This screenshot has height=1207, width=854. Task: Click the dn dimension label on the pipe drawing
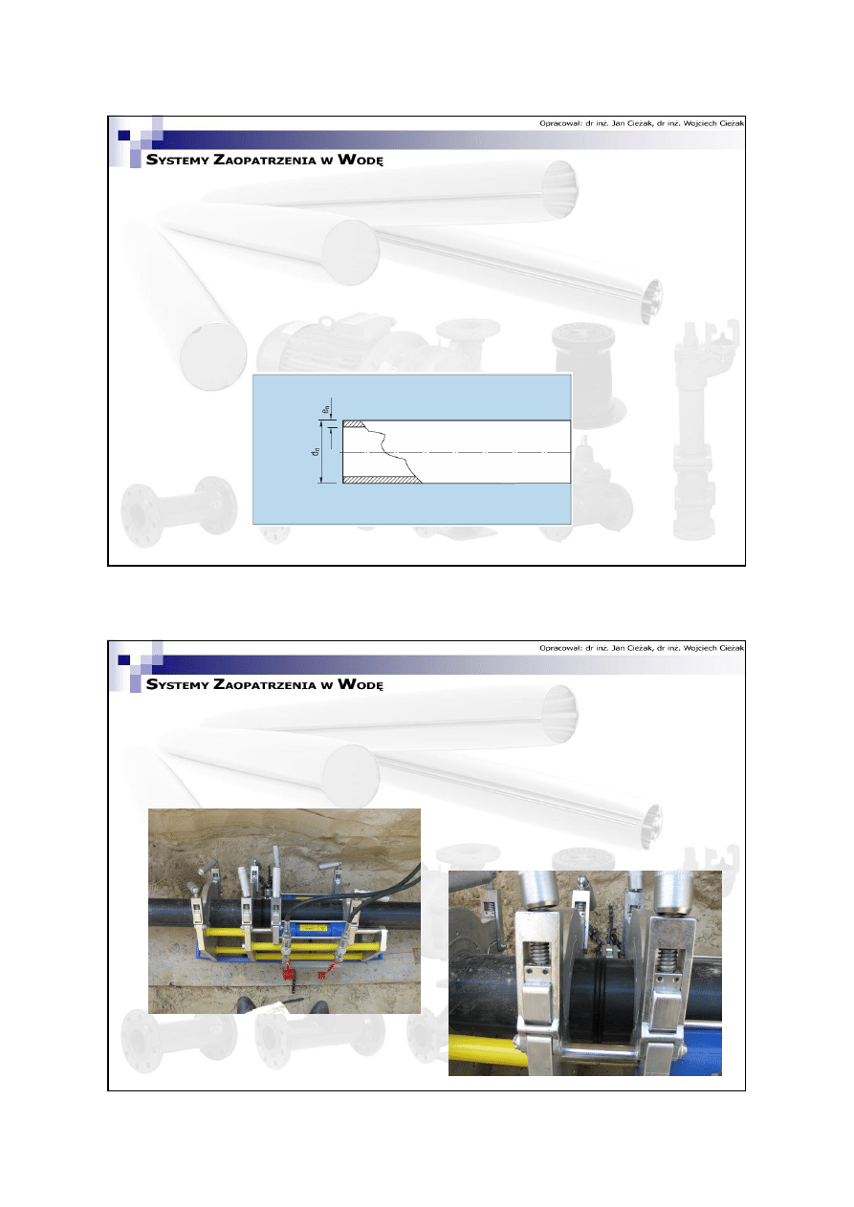(316, 451)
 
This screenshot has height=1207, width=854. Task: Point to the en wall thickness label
(326, 410)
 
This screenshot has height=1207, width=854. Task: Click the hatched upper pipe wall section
(354, 424)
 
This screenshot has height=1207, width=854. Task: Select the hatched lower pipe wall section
(383, 479)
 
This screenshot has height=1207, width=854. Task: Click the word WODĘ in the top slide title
(361, 160)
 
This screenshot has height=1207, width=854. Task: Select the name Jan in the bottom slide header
(618, 648)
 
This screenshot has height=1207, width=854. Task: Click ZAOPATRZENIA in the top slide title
(265, 160)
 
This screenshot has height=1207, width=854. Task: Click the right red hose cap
(325, 974)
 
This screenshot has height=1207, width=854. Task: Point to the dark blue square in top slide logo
(124, 136)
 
